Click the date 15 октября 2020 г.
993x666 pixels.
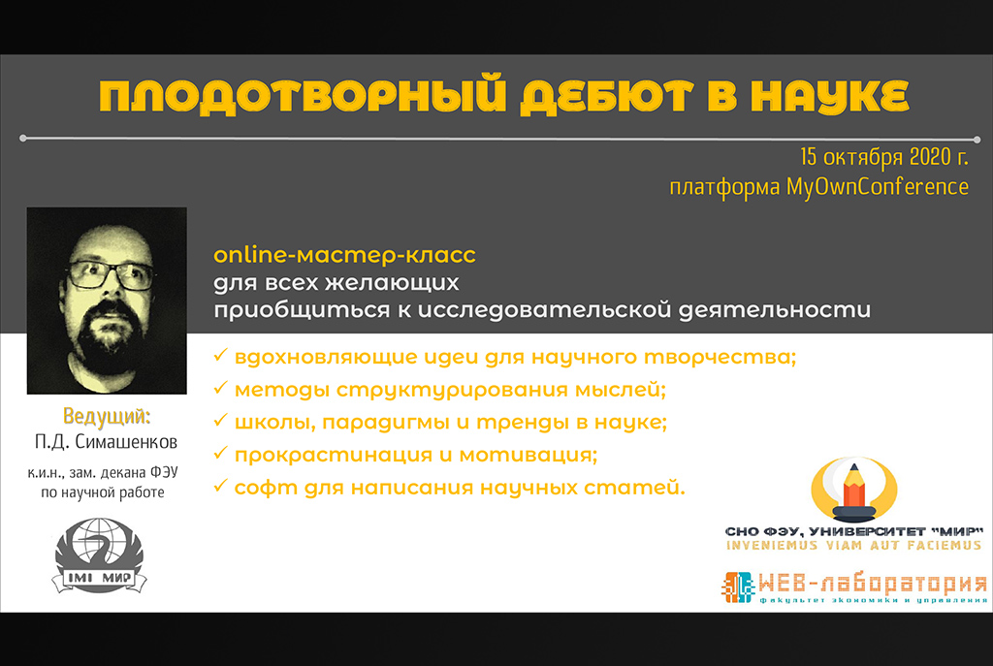(883, 158)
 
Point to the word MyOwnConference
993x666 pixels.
(877, 187)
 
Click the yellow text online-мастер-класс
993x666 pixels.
(344, 256)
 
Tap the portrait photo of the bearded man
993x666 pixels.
(107, 301)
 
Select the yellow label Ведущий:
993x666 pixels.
(107, 418)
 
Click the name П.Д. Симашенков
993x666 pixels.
(107, 443)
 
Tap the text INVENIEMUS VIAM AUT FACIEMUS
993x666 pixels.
(854, 546)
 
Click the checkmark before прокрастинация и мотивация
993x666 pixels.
(220, 454)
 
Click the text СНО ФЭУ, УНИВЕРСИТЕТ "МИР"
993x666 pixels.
(854, 530)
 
